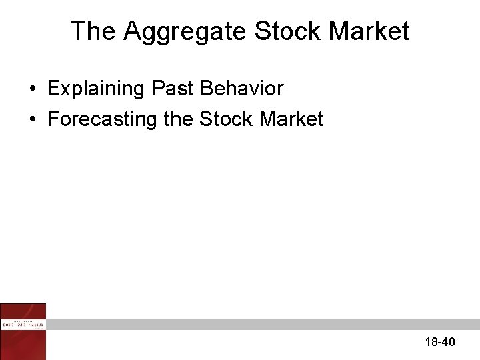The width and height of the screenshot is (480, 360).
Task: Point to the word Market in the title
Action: pos(369,31)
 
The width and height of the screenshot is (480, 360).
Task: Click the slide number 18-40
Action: pos(439,342)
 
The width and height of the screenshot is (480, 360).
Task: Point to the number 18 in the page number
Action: pos(431,342)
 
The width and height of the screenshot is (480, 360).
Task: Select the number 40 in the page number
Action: pos(448,342)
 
